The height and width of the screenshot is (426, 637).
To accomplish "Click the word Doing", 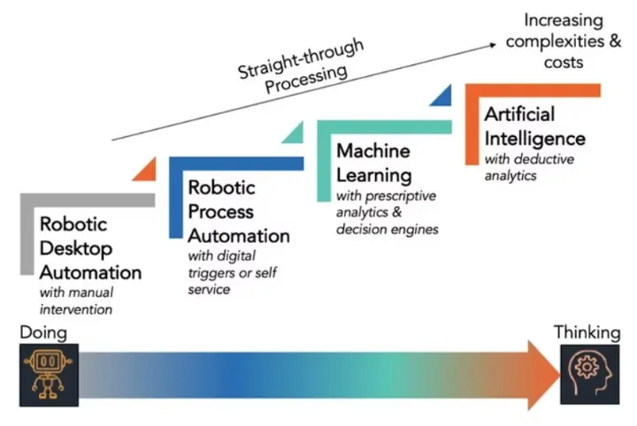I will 41,332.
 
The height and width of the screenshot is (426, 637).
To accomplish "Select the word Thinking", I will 587,332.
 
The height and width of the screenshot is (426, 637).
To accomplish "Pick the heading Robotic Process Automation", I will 238,212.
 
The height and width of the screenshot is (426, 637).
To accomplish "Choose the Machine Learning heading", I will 374,163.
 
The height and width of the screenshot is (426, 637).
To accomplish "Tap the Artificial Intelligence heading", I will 534,126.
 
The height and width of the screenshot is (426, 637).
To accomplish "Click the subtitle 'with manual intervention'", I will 76,300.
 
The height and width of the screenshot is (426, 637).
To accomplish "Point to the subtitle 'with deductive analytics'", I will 529,167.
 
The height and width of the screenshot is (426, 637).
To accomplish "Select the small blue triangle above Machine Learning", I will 443,95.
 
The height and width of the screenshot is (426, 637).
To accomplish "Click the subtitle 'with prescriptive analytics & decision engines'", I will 388,212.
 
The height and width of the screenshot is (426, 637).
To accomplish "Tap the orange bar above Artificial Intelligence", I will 531,91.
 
